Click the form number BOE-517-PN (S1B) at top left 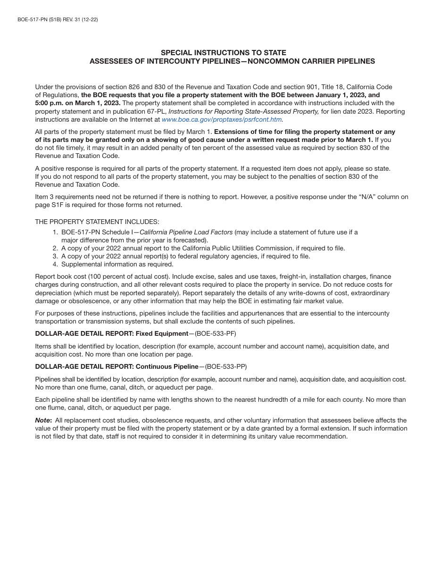tap(39, 20)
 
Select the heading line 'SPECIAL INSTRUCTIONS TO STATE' tap(224, 53)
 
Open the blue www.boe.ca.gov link tap(222, 120)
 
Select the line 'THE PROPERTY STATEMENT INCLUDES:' tap(97, 222)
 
